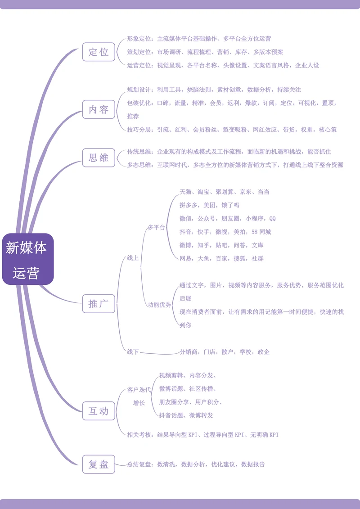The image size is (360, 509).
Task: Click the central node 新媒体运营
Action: (27, 259)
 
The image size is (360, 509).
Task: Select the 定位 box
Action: (99, 52)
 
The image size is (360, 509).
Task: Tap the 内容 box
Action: (99, 109)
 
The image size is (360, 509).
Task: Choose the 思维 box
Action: (99, 158)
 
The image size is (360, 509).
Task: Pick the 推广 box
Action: (99, 304)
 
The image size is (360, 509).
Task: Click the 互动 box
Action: (99, 411)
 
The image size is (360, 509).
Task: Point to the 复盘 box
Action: (99, 464)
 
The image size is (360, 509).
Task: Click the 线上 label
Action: (133, 258)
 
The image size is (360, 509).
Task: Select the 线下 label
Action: (133, 352)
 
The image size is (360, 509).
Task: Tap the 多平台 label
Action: (156, 228)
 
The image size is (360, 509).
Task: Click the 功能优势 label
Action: (159, 305)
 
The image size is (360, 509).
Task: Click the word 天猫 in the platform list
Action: (185, 192)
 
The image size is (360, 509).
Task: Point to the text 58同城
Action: (261, 232)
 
